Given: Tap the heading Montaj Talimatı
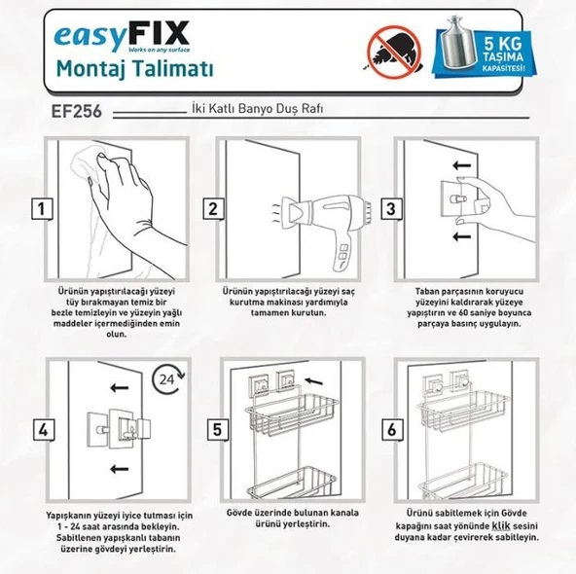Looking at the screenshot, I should pyautogui.click(x=132, y=69).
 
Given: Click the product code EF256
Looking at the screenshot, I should pyautogui.click(x=71, y=111).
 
